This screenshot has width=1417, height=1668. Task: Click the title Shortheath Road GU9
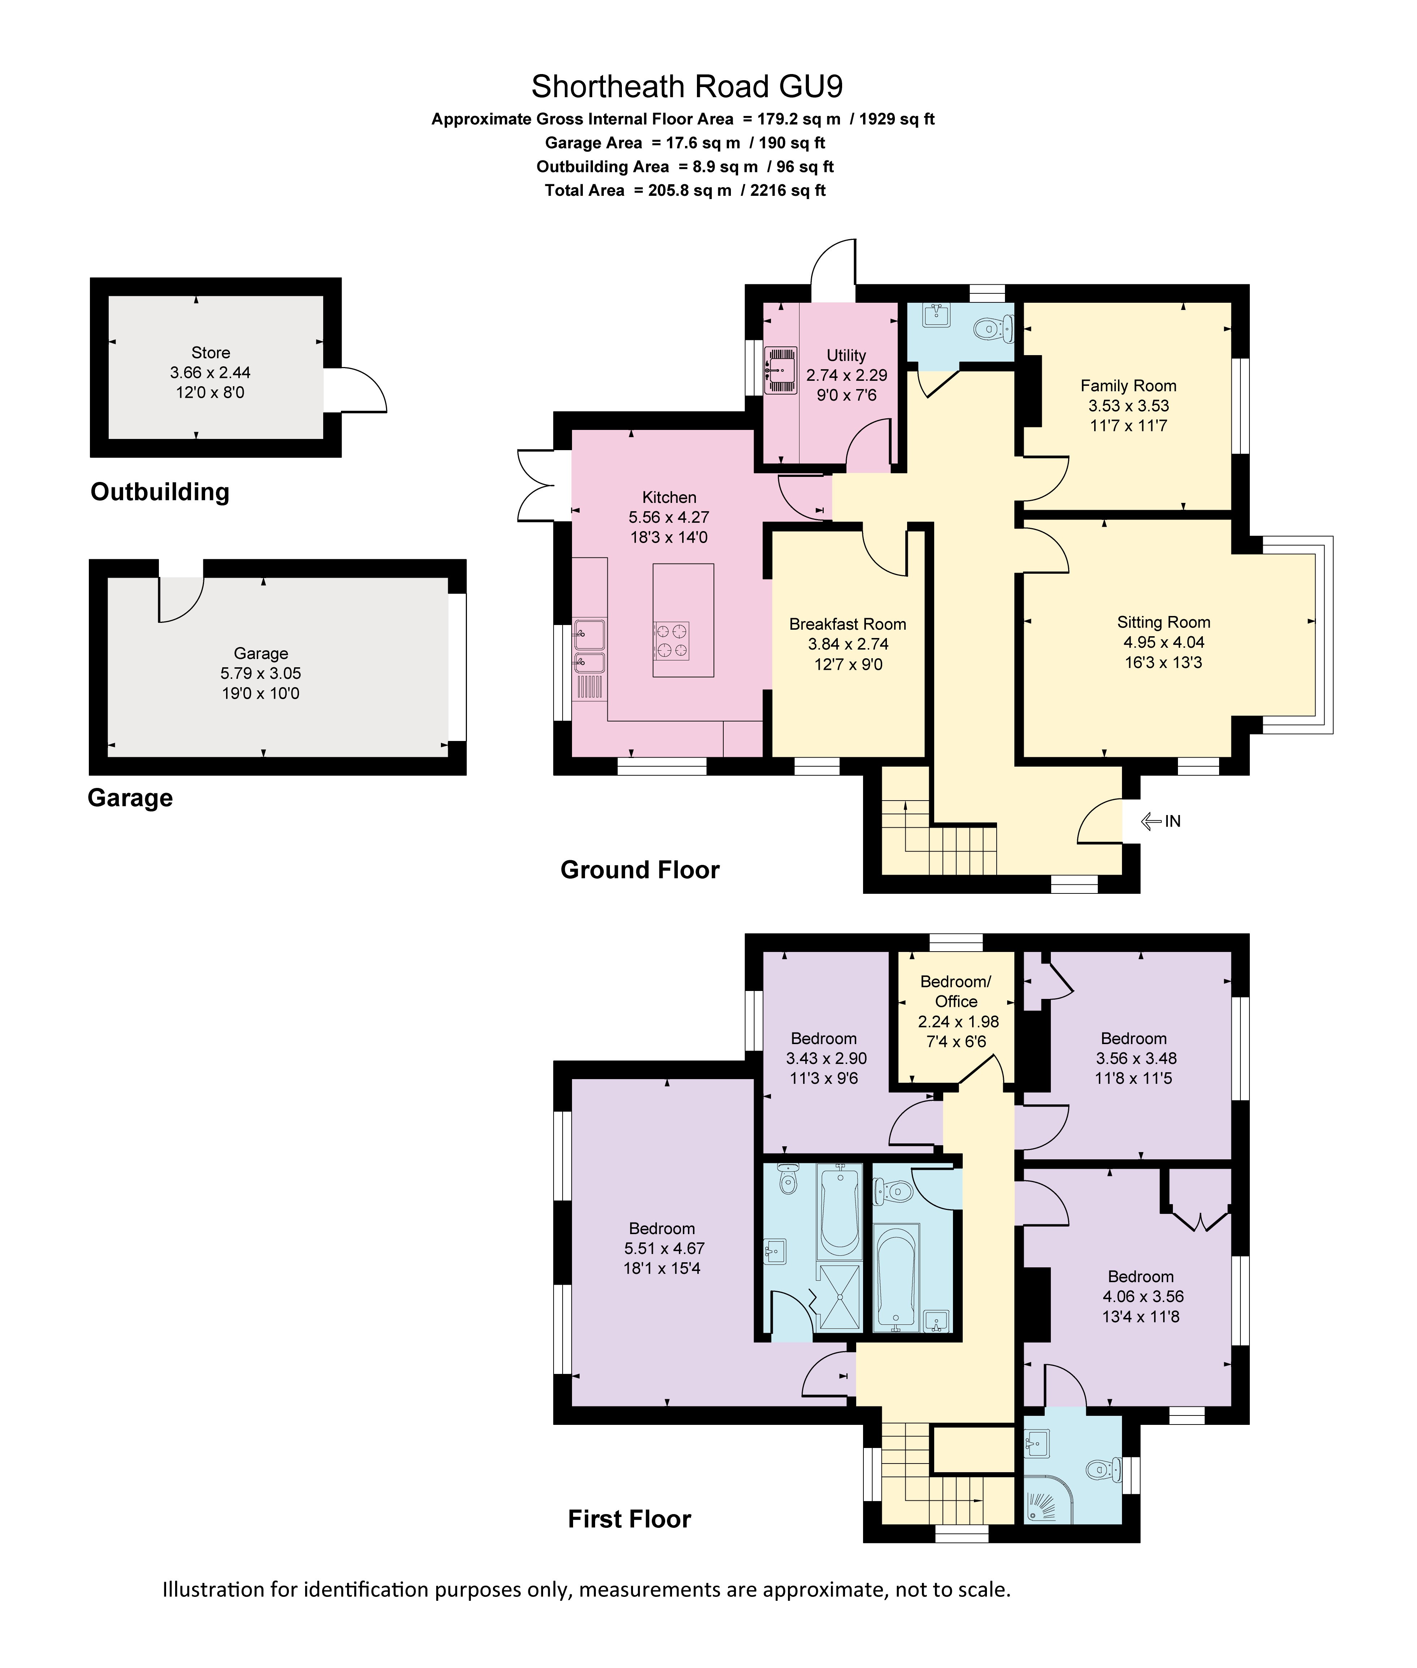tap(687, 86)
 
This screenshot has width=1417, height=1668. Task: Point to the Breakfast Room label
tap(848, 624)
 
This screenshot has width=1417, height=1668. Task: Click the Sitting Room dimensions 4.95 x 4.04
tap(1163, 642)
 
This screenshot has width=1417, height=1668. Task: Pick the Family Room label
tap(1128, 386)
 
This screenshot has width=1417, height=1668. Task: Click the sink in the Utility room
tap(780, 370)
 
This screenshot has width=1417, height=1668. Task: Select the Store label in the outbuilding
tap(211, 353)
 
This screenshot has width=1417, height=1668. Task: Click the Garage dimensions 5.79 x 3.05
tap(261, 673)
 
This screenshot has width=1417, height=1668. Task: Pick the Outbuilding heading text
tap(160, 492)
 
